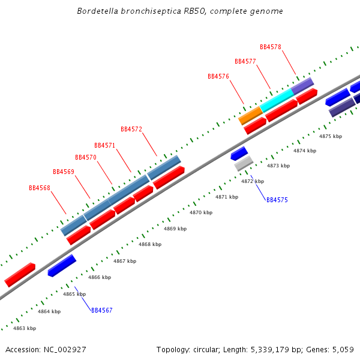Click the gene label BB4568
[40, 188]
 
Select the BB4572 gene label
[131, 129]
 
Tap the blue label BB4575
[277, 200]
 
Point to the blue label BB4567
[102, 310]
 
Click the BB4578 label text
[271, 47]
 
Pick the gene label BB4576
[218, 76]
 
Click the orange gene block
[250, 115]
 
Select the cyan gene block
[277, 100]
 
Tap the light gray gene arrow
[244, 163]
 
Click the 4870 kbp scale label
[201, 212]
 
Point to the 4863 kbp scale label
[25, 328]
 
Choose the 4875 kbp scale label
[330, 136]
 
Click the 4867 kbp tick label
[125, 261]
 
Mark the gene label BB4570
[86, 157]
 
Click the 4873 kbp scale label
[278, 166]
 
